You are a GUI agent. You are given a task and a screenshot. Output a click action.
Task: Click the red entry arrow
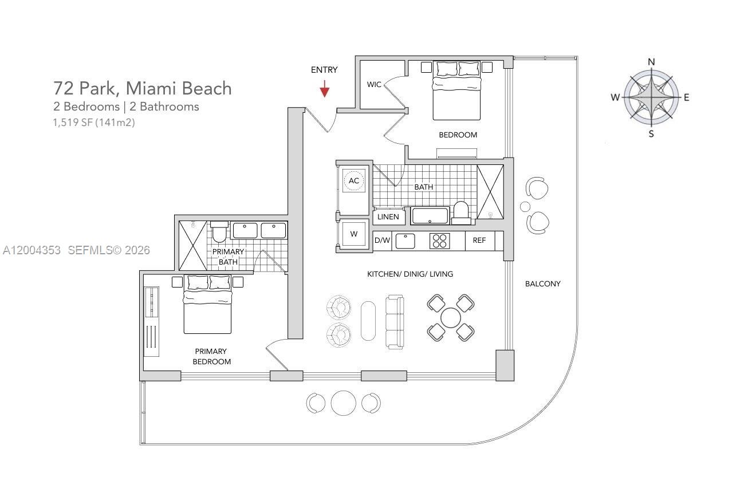(325, 89)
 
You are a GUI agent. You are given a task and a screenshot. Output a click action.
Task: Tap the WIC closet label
(374, 85)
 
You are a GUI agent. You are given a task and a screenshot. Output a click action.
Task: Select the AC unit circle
(354, 181)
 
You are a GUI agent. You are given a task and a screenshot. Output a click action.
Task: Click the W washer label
(354, 234)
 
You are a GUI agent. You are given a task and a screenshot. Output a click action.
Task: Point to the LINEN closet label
(388, 217)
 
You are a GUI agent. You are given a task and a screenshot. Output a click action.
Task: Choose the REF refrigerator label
(479, 241)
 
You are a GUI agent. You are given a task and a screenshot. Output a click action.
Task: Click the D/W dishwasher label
(382, 241)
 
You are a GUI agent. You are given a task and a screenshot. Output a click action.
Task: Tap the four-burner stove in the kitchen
(440, 241)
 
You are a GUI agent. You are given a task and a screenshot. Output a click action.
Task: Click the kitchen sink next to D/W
(405, 241)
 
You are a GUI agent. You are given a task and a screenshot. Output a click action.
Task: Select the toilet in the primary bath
(219, 232)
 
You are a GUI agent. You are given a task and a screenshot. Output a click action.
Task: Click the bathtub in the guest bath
(430, 216)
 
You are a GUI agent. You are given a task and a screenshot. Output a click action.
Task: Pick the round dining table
(451, 317)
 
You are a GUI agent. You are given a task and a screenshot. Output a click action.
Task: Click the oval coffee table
(368, 321)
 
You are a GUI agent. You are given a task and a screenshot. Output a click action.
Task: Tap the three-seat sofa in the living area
(395, 322)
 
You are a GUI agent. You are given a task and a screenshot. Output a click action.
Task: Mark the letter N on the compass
(651, 62)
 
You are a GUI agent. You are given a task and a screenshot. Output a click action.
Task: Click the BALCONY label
(542, 284)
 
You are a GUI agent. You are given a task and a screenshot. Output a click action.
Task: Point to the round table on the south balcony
(343, 403)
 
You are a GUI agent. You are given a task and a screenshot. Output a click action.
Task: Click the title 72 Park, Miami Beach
(143, 88)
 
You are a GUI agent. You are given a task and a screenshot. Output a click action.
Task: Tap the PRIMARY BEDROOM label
(211, 356)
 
